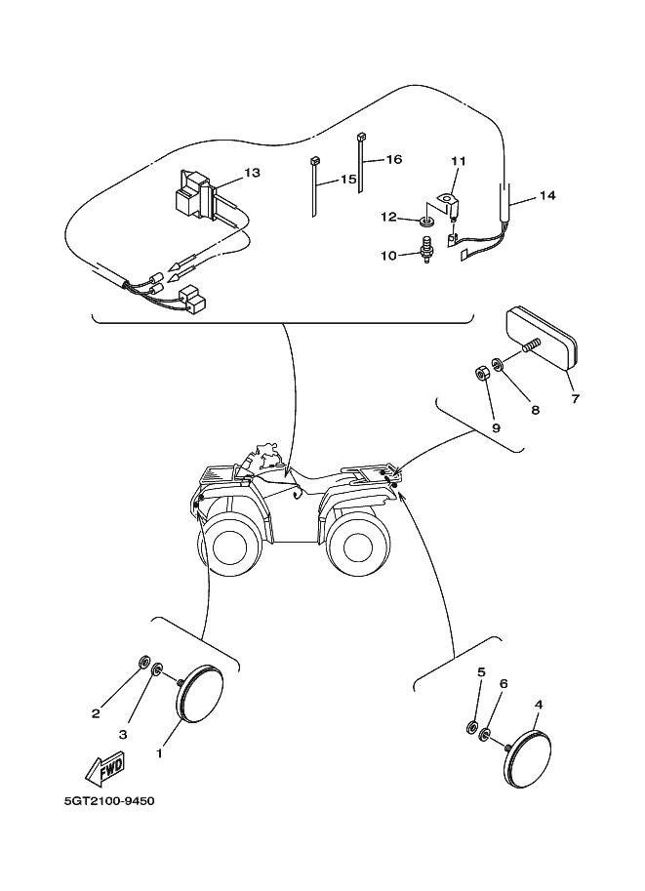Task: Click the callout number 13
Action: [253, 173]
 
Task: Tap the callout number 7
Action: [575, 399]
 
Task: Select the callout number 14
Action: [546, 196]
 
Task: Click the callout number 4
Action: [539, 703]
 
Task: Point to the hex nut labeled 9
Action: [481, 372]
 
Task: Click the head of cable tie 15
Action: [316, 160]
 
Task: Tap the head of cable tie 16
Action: [361, 137]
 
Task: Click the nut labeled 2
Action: [143, 664]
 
